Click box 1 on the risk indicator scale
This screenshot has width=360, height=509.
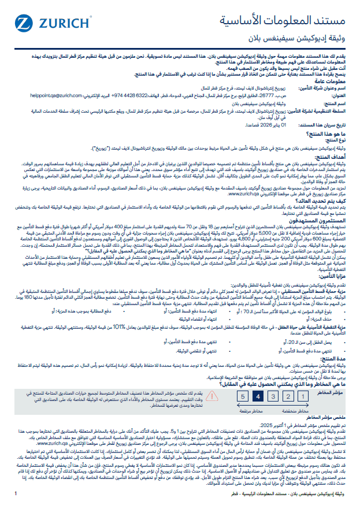301,396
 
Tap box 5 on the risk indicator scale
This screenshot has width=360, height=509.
243,396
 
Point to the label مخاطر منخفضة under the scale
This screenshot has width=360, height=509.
295,409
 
